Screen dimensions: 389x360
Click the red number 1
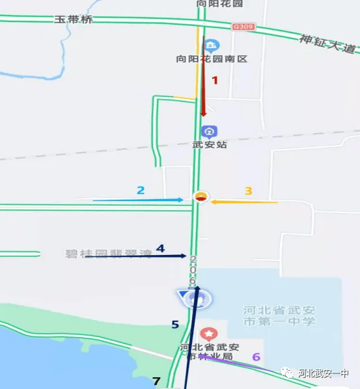point(215,80)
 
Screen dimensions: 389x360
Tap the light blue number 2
point(140,190)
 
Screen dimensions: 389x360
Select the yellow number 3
point(248,191)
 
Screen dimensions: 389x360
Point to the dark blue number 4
point(160,248)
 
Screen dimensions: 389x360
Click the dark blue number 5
point(174,324)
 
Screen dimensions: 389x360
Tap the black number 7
point(156,381)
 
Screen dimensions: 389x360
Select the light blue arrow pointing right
point(138,200)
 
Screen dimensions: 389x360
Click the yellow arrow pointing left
point(245,202)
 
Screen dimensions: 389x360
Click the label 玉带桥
point(74,20)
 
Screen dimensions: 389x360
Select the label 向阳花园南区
point(212,59)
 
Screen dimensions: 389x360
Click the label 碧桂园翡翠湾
point(108,254)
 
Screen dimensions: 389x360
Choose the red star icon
point(208,334)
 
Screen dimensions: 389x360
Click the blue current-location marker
point(195,299)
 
